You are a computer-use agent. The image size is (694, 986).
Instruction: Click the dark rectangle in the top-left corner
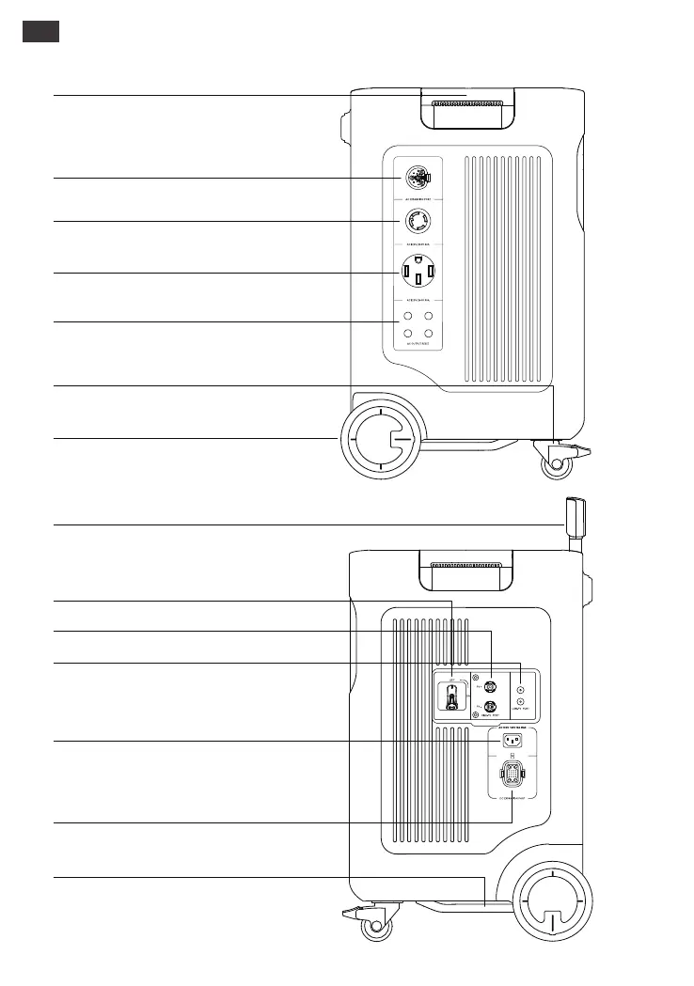[40, 31]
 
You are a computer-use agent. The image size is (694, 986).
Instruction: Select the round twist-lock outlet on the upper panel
[416, 222]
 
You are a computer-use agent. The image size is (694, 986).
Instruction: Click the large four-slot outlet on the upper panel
[417, 272]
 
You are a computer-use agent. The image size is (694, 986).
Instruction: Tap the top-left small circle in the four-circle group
[408, 317]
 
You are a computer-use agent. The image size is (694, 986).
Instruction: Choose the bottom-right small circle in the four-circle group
[428, 334]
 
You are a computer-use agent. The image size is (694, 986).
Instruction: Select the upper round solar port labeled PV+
[489, 687]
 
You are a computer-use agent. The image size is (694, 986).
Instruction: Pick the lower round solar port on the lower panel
[489, 708]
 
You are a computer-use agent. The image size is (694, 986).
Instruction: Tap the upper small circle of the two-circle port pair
[520, 690]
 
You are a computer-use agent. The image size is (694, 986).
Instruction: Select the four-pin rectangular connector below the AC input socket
[513, 777]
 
